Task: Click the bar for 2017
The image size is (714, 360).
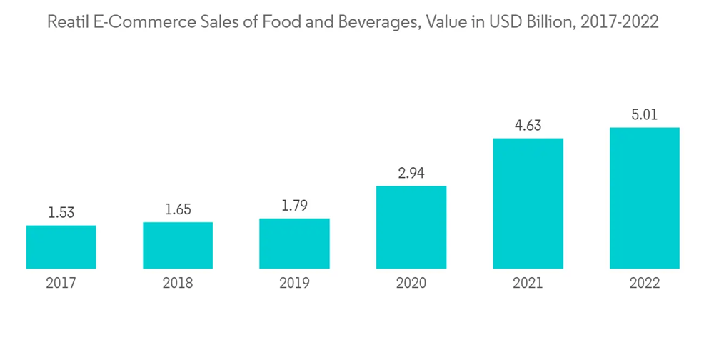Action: point(61,247)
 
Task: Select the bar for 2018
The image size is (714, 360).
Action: point(178,246)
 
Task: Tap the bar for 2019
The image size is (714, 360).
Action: point(294,244)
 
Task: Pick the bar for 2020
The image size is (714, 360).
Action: point(411,227)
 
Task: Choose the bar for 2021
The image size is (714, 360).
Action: point(528,204)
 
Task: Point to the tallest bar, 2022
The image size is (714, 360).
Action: point(645,198)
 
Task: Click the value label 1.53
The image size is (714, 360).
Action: point(61,213)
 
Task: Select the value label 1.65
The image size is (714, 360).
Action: point(178,209)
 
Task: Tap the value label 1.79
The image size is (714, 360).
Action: point(294,206)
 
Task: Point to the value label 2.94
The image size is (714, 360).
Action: point(411,174)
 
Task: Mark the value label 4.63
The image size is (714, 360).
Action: point(528,126)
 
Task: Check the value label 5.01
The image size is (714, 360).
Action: point(645,114)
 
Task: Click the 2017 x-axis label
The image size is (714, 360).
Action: point(61,284)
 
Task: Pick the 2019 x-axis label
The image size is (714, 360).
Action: point(294,284)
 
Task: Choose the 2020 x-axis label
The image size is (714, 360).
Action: point(411,284)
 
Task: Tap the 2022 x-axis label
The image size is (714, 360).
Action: point(645,284)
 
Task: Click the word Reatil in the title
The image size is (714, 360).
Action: point(67,23)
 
